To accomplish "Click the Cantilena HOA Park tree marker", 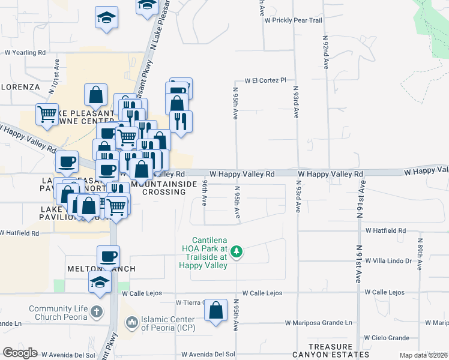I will tap(237, 251).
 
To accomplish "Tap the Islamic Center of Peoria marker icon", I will tap(131, 323).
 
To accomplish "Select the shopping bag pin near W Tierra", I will tap(216, 311).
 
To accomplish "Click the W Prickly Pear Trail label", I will tap(294, 20).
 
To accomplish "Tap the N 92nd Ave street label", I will tap(325, 52).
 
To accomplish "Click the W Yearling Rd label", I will tap(25, 53).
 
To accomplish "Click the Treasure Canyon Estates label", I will tap(339, 351).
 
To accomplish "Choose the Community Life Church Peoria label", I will tap(58, 313).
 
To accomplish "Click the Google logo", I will tap(20, 353).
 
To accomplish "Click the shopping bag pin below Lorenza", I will tap(95, 94).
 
